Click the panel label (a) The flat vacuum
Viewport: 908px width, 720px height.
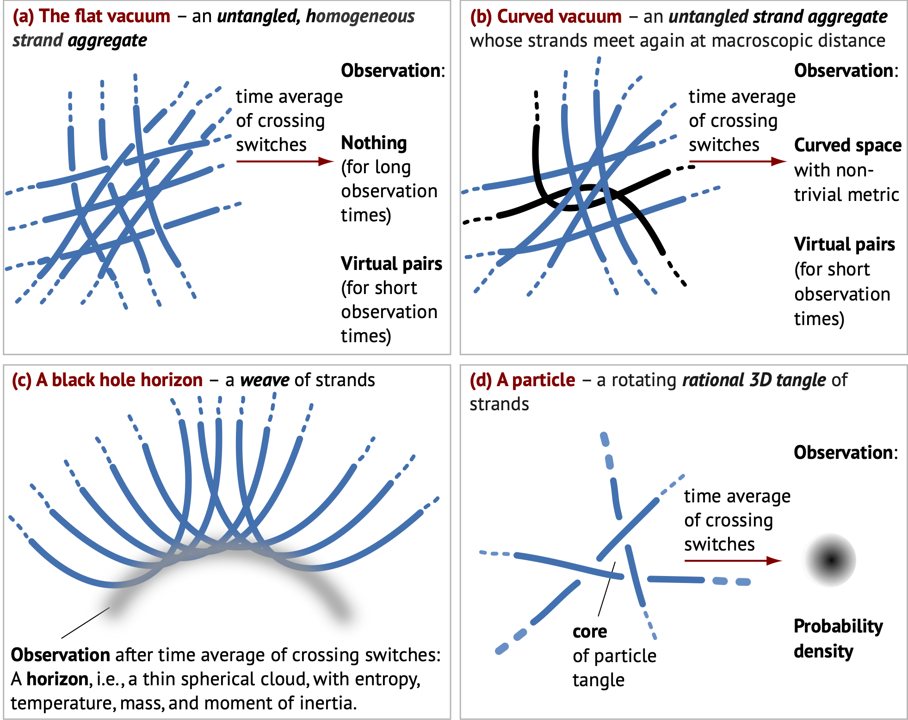(x=92, y=16)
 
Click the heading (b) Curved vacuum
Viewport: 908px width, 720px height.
(x=546, y=16)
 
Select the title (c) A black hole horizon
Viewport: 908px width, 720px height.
(x=107, y=380)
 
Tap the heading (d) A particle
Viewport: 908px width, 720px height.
(x=522, y=380)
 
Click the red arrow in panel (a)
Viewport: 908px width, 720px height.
(x=284, y=161)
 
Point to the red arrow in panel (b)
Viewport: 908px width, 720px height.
(x=738, y=161)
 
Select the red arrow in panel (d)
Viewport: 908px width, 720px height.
(x=733, y=561)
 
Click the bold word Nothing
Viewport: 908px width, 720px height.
(x=374, y=143)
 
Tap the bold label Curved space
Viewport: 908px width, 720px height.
(x=847, y=145)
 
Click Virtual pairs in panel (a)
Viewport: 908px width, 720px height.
(x=391, y=263)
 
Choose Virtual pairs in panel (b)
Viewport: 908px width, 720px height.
(x=844, y=244)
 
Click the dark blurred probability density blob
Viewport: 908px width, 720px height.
(x=830, y=560)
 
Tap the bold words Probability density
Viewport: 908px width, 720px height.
(x=838, y=638)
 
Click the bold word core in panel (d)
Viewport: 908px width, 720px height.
(x=590, y=632)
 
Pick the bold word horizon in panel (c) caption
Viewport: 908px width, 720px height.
(x=57, y=679)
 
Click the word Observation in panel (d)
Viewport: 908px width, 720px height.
(x=845, y=452)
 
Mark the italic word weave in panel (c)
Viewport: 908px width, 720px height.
(x=265, y=380)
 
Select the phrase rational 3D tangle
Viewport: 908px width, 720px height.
(x=754, y=380)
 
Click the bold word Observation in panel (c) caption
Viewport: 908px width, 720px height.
(x=60, y=655)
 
